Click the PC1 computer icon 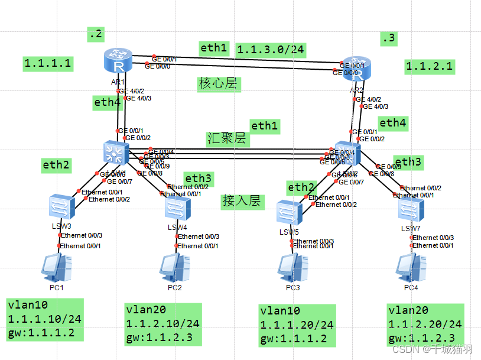(x=57, y=267)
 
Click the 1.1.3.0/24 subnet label (x=270, y=50)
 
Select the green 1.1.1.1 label (x=48, y=63)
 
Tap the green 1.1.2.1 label (x=430, y=66)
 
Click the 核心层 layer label (x=217, y=83)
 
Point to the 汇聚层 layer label (x=227, y=139)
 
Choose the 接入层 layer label (x=241, y=200)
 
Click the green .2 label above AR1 (x=95, y=35)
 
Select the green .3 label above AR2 (x=388, y=39)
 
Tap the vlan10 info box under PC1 (x=44, y=319)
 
